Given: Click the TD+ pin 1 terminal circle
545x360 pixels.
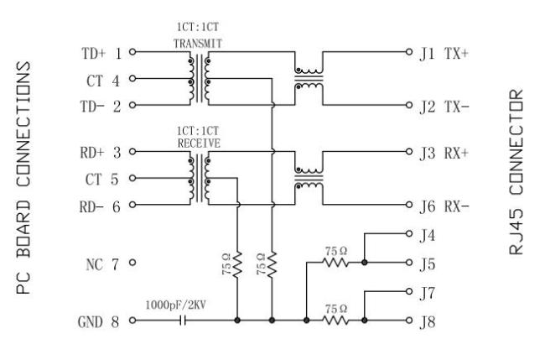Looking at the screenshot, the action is (x=132, y=52).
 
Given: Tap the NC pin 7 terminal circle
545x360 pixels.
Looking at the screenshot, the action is (x=132, y=263).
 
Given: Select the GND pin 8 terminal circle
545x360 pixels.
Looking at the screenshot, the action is (x=132, y=320).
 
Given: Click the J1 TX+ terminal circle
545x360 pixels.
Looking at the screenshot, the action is (x=409, y=52).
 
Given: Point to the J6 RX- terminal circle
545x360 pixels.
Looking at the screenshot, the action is (x=409, y=205).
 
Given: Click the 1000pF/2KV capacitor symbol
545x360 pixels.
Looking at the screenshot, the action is (x=183, y=320).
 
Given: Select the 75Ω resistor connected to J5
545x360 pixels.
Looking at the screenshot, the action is (x=335, y=263).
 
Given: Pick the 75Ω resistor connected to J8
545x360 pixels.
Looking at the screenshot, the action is (x=335, y=320).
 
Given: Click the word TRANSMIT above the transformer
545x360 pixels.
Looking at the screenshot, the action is (x=198, y=44).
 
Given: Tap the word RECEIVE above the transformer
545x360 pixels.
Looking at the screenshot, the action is (x=199, y=143).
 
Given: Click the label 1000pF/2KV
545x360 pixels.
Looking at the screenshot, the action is (x=175, y=305).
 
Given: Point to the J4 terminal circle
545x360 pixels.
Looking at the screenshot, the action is (x=409, y=233).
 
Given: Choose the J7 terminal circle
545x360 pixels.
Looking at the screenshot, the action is (x=409, y=291).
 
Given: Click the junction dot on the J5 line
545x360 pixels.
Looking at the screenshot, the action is (x=364, y=263).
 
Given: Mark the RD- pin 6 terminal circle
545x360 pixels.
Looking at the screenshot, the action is (x=132, y=205).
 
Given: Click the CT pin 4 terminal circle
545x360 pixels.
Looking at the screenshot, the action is (x=132, y=79).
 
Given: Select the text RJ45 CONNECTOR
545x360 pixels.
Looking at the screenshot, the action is (x=516, y=172).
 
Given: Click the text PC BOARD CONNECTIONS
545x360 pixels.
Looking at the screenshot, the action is (x=24, y=178).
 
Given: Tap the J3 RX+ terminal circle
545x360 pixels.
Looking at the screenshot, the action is (x=409, y=152).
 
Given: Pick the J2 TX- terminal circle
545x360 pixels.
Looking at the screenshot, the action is (x=409, y=105).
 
